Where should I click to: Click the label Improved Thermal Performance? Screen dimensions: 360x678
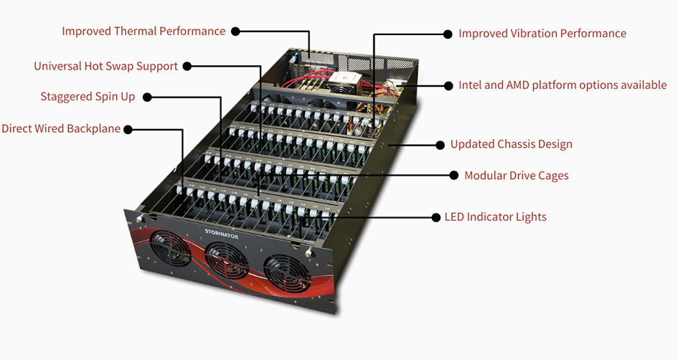point(143,32)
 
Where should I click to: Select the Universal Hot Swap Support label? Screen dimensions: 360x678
point(105,66)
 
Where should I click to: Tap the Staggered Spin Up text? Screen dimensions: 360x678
point(88,97)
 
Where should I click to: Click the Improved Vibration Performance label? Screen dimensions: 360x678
point(542,34)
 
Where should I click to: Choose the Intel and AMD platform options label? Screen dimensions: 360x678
point(562,85)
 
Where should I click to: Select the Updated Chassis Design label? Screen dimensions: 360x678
point(511,144)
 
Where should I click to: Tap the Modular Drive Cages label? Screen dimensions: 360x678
point(516,176)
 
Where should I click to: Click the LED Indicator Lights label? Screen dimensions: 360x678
point(495,217)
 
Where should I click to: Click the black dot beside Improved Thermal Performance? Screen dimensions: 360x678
point(235,32)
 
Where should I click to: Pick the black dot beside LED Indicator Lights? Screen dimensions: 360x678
point(435,217)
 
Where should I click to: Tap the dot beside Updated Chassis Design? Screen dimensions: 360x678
point(441,144)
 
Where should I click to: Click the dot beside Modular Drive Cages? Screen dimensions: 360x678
point(454,175)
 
